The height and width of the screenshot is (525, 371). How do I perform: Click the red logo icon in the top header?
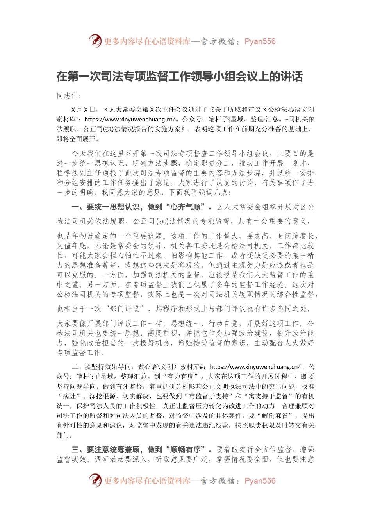(95, 41)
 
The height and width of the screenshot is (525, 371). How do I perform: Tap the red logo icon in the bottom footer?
(95, 480)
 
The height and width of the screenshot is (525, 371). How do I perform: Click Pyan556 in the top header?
(260, 41)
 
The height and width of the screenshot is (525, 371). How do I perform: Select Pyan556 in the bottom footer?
(260, 481)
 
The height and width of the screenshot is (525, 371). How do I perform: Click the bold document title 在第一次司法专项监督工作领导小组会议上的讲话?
(180, 76)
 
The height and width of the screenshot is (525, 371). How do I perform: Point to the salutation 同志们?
(68, 96)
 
